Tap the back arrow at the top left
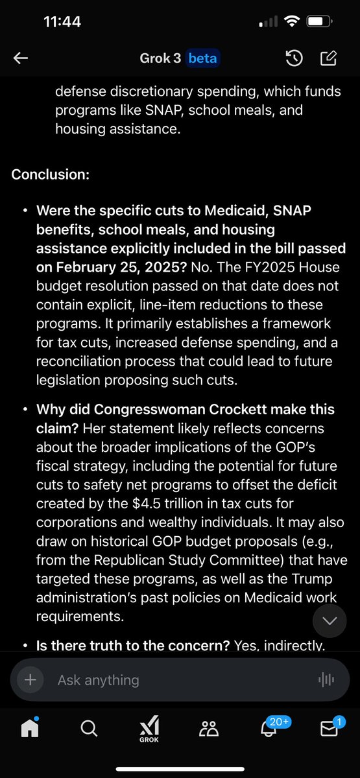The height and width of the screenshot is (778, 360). point(21,59)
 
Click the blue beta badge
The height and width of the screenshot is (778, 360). point(203,59)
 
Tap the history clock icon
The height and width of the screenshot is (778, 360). point(294,59)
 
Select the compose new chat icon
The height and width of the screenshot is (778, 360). point(329,59)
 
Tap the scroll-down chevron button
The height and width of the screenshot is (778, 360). point(330,621)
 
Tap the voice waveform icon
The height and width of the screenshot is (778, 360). point(326,679)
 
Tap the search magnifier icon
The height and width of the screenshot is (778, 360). point(90,729)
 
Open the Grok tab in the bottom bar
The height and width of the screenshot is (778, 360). point(150,729)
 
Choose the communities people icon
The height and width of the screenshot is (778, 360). point(209,729)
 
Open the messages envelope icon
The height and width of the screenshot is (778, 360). point(330,729)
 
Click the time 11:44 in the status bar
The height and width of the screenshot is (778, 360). point(62,21)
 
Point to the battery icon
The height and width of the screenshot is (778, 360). point(317,21)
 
